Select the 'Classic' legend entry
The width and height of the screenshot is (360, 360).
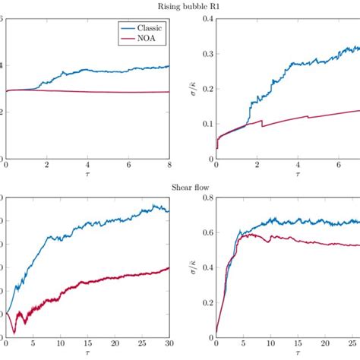click(151, 27)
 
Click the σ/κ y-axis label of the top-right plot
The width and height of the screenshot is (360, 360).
click(191, 88)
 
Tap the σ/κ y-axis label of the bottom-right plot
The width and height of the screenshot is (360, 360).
click(191, 266)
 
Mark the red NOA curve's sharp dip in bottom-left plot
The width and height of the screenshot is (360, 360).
click(14, 331)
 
